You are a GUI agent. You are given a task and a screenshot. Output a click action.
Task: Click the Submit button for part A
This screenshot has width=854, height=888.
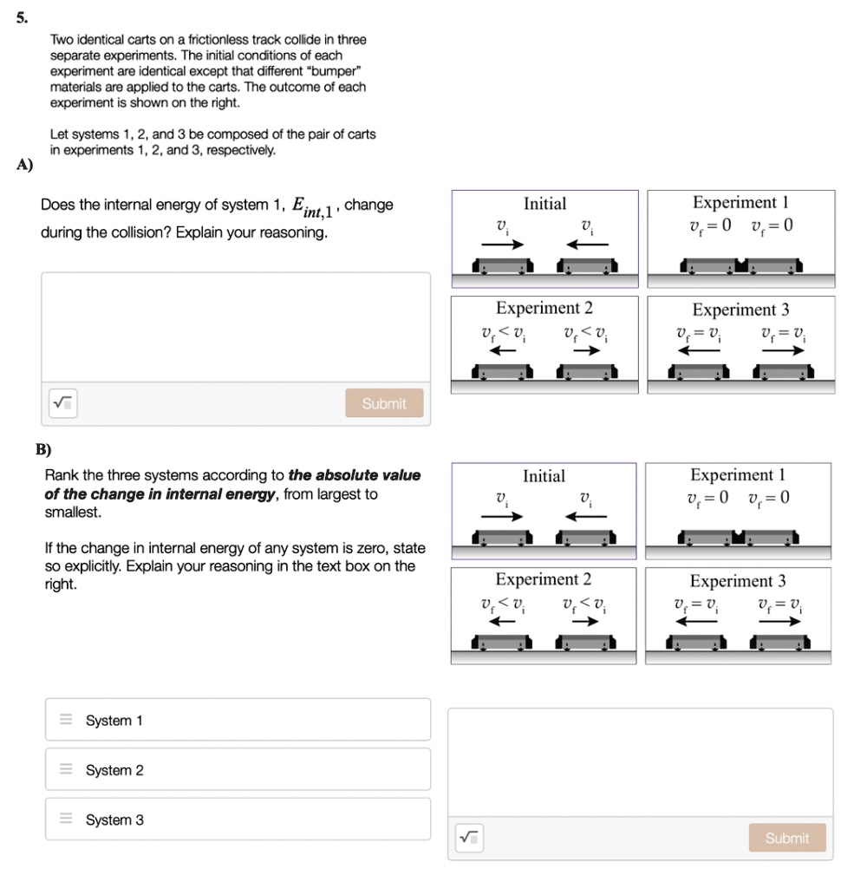click(x=384, y=403)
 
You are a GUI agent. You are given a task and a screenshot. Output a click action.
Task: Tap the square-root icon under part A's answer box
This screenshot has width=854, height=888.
click(x=62, y=403)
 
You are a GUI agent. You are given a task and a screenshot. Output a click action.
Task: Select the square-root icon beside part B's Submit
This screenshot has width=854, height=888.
click(x=468, y=838)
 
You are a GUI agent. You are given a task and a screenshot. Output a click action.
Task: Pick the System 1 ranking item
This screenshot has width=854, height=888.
click(x=238, y=720)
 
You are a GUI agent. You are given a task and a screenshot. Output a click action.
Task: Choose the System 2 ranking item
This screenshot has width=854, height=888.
click(x=238, y=770)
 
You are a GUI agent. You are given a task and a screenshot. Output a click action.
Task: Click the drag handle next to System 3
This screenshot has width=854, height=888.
click(x=66, y=819)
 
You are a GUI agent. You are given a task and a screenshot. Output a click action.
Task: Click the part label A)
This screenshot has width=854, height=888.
click(x=25, y=166)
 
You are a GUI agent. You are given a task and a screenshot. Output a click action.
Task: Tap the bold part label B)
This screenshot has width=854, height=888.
click(x=43, y=449)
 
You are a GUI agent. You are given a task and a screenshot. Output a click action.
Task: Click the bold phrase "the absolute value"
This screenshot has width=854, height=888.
click(x=354, y=475)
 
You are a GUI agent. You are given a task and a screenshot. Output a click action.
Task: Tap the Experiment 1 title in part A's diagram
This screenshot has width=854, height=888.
click(x=740, y=203)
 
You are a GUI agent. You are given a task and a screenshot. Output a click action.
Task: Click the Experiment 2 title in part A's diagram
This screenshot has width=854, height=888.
click(x=544, y=309)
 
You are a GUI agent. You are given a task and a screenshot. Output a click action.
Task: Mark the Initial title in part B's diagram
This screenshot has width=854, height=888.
click(x=544, y=476)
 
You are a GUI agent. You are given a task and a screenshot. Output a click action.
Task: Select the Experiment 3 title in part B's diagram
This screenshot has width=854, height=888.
click(x=738, y=581)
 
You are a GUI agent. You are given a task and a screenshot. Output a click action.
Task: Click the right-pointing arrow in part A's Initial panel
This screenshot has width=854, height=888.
click(x=503, y=245)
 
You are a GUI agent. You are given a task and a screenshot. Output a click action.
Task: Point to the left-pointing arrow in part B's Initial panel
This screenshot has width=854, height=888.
click(x=587, y=517)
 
